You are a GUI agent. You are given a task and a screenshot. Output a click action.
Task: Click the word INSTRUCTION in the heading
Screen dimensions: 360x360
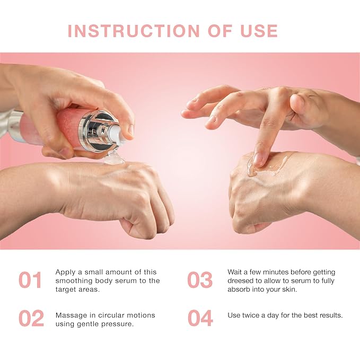[x=134, y=31]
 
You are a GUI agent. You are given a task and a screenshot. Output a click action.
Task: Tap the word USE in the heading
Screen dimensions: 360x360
[x=259, y=31]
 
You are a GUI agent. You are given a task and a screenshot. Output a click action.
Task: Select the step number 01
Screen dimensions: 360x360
[x=30, y=280]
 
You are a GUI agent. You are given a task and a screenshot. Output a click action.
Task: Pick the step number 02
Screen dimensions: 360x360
[x=31, y=318]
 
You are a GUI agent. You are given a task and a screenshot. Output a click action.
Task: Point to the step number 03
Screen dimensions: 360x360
[x=200, y=280]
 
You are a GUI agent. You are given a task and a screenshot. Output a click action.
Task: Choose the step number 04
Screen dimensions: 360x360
[x=200, y=318]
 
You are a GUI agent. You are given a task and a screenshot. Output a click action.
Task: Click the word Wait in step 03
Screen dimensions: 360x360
[x=234, y=272]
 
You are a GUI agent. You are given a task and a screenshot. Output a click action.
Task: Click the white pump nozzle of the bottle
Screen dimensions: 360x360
[x=118, y=135]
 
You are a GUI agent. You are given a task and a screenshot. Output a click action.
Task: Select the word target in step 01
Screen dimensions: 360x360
[x=66, y=289]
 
